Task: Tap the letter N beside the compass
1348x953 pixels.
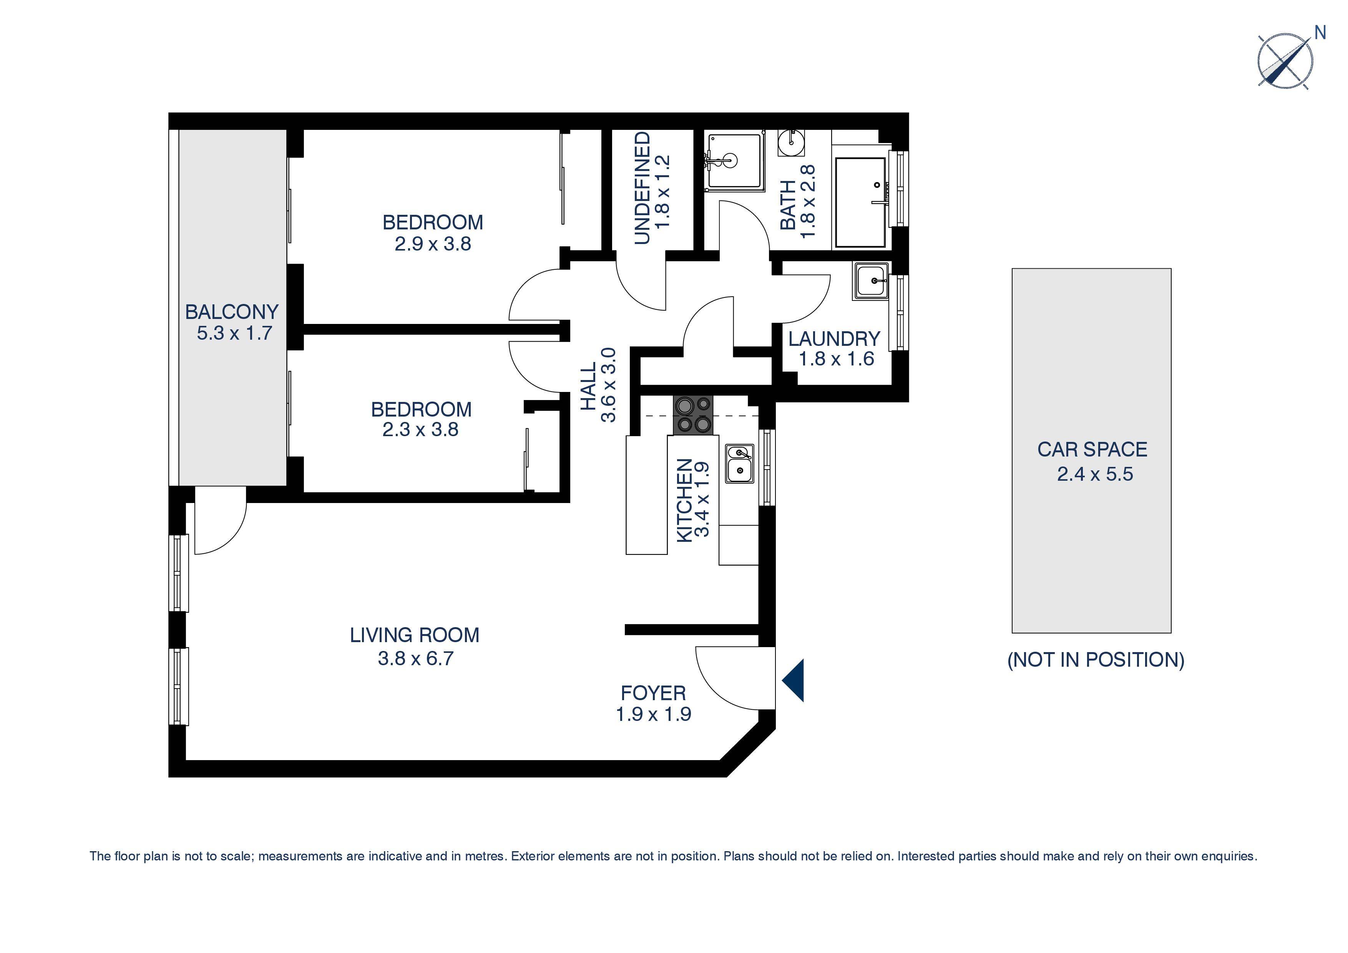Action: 1320,33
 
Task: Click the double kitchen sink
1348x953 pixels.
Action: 739,464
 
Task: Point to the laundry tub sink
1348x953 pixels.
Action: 871,281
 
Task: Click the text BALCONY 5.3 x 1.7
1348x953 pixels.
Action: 232,322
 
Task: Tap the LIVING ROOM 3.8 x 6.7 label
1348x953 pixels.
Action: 415,646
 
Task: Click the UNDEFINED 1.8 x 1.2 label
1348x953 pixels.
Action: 652,188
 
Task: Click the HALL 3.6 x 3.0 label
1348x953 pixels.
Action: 598,385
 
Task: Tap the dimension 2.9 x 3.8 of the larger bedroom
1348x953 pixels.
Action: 433,244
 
